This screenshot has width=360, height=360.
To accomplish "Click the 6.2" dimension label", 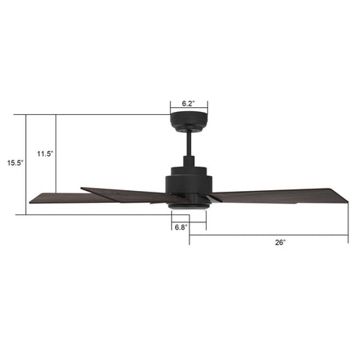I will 188,103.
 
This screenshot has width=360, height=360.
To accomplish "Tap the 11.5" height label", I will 45,154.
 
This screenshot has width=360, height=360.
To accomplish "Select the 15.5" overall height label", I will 16,164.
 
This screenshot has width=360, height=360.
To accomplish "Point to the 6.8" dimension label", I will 181,227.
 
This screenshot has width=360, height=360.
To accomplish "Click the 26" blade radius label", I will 280,243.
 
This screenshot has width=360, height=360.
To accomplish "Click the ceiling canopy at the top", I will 189,124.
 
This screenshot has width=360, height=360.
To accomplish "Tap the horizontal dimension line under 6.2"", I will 189,110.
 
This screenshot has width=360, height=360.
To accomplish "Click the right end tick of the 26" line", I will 347,232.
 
